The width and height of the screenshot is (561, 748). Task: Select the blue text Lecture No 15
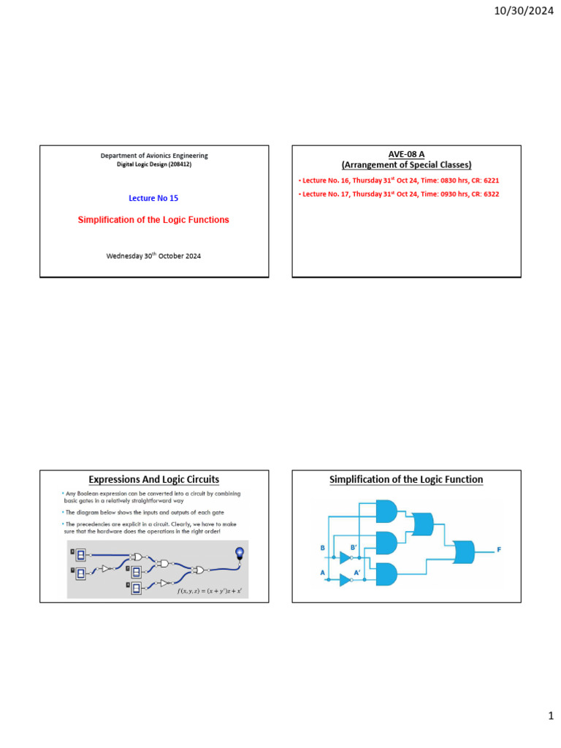(x=153, y=198)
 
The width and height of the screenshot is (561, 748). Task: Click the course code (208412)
(x=178, y=164)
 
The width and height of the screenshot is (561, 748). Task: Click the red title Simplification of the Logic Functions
(x=153, y=220)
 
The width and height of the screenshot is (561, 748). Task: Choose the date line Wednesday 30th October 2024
(x=153, y=256)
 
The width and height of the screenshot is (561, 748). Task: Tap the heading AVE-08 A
(x=407, y=155)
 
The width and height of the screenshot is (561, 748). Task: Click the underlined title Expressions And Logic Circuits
(x=153, y=480)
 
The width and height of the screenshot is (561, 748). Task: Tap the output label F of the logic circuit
(x=500, y=549)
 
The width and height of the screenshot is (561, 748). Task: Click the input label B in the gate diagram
(x=322, y=548)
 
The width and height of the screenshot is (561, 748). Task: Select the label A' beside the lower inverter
(x=358, y=572)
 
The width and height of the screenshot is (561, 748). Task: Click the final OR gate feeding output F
(x=463, y=552)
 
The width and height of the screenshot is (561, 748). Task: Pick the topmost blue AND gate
(x=386, y=511)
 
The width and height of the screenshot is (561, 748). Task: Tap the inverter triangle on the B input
(x=346, y=557)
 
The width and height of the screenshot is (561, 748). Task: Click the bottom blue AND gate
(x=386, y=574)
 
